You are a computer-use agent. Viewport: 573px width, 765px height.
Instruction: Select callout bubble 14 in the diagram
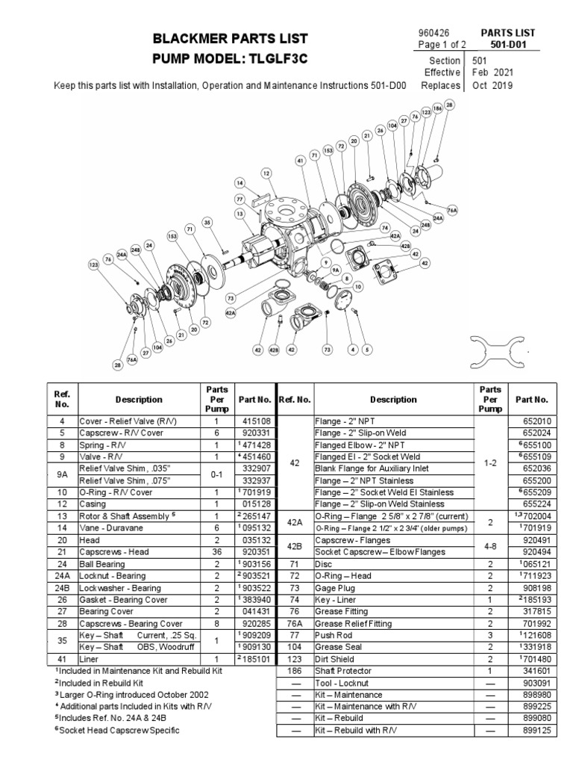(x=239, y=182)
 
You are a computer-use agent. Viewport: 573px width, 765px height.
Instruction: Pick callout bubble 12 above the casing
(x=266, y=173)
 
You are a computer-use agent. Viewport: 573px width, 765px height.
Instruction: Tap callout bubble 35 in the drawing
(x=207, y=222)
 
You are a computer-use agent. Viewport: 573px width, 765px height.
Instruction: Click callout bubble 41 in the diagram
(x=300, y=160)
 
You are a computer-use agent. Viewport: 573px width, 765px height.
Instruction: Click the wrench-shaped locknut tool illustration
(x=498, y=348)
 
